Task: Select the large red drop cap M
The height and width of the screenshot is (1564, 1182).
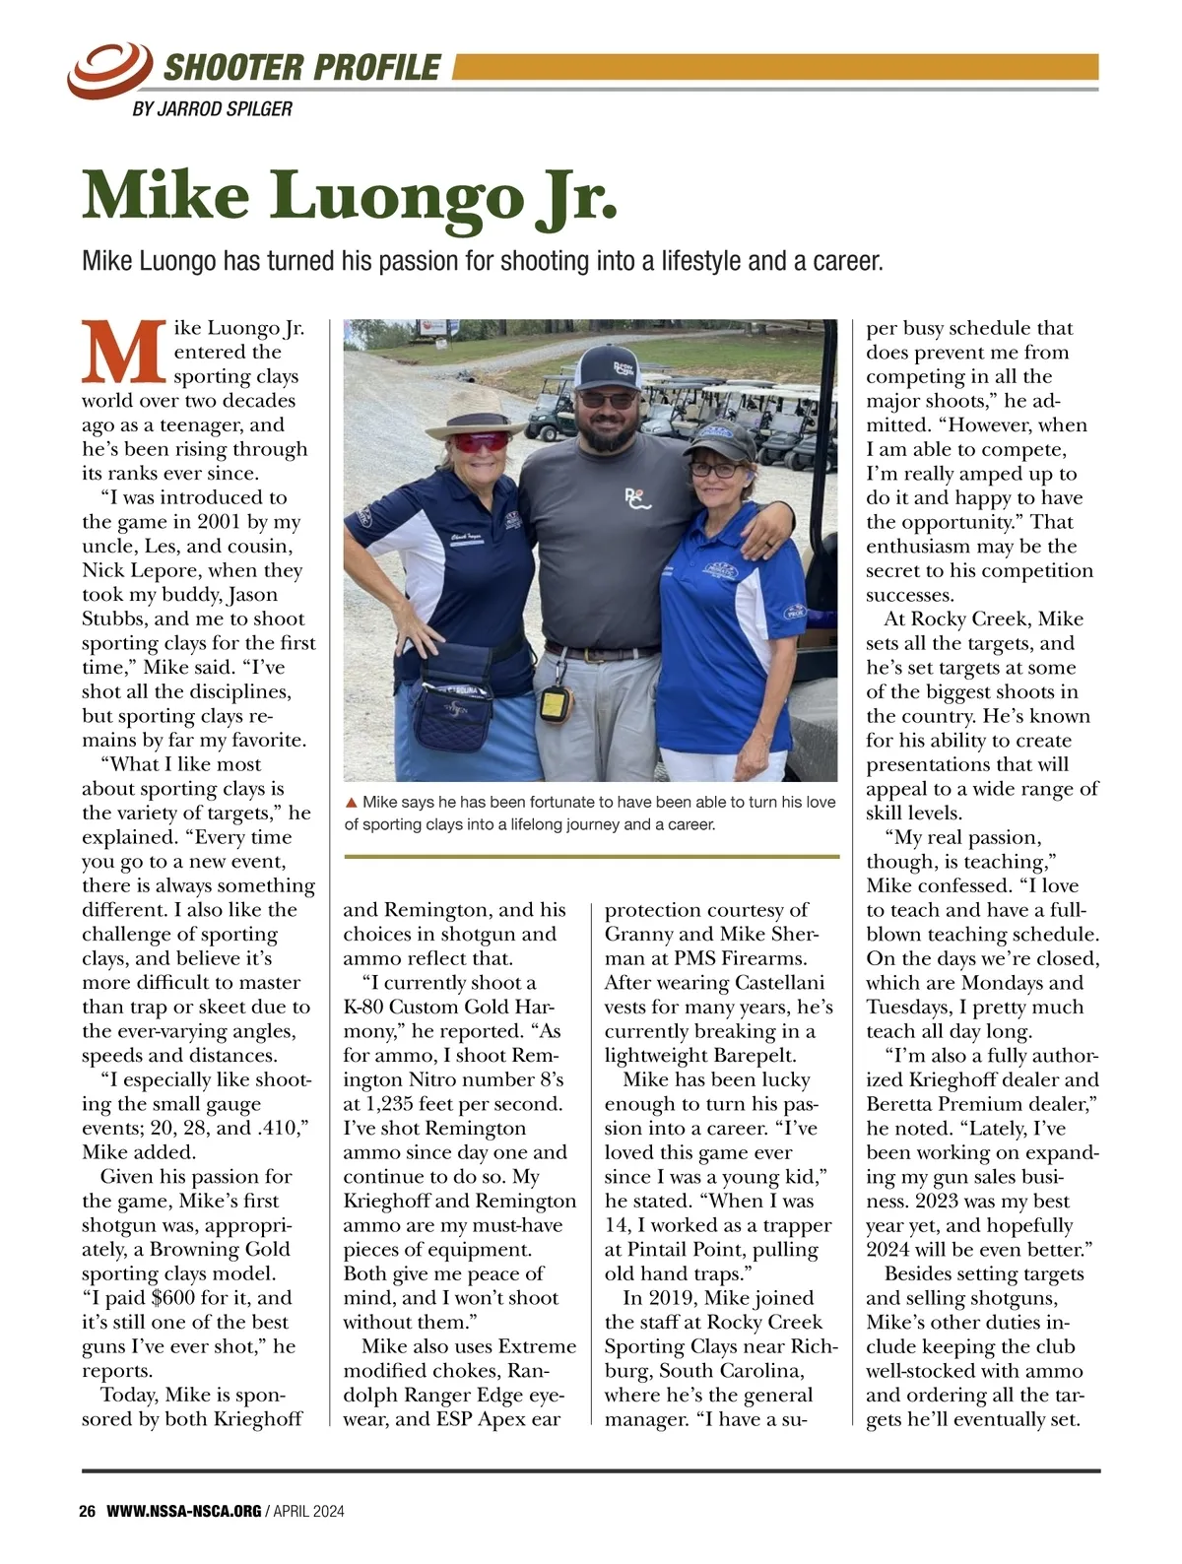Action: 124,352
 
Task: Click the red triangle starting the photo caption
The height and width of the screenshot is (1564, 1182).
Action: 352,803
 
